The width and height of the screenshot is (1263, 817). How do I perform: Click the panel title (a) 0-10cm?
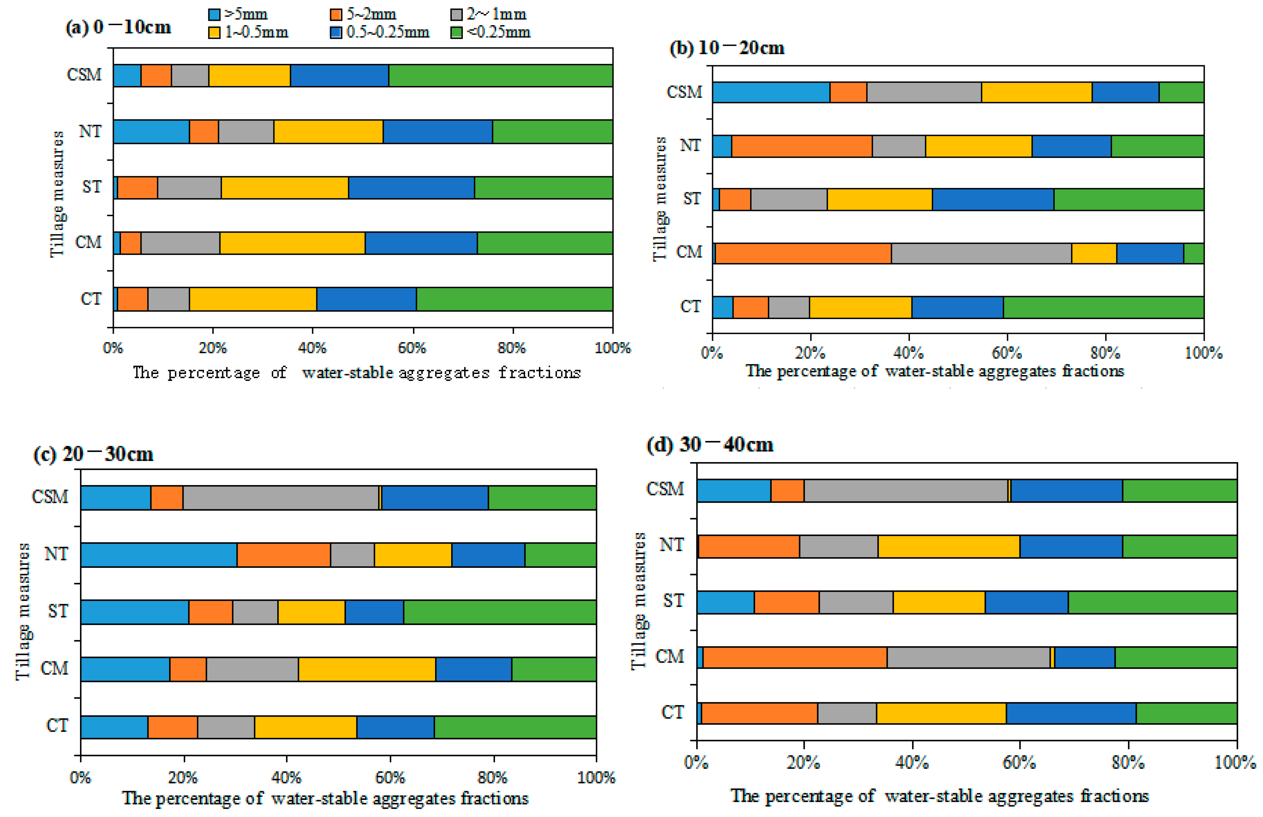pyautogui.click(x=118, y=27)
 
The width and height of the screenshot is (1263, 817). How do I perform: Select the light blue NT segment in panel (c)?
pyautogui.click(x=159, y=554)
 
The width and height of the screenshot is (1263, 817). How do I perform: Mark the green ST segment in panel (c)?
pyautogui.click(x=500, y=612)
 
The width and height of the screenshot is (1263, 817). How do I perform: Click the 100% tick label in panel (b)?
pyautogui.click(x=1204, y=353)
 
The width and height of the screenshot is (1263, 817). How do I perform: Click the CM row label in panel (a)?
pyautogui.click(x=88, y=242)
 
